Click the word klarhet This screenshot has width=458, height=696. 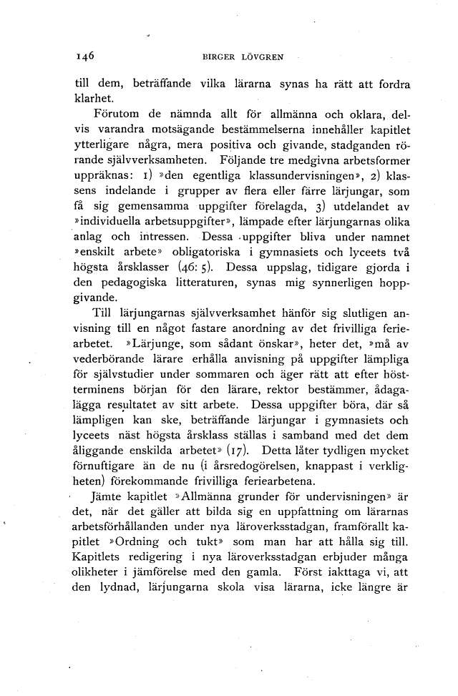click(93, 99)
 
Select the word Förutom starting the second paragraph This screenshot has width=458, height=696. click(117, 115)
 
